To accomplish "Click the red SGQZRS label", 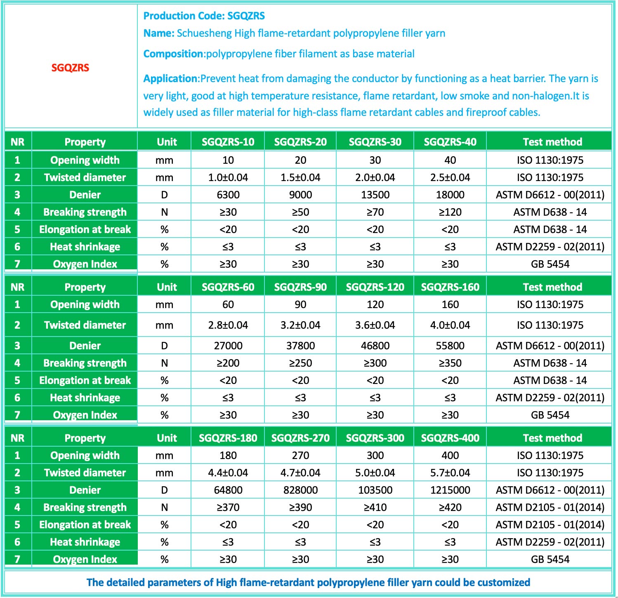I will click(x=70, y=68).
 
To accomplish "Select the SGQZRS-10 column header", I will click(x=228, y=142).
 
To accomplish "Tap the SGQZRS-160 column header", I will click(x=450, y=287).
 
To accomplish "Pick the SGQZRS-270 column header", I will click(x=300, y=438).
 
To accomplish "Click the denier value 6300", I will click(x=228, y=195).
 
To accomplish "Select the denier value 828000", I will click(x=300, y=490).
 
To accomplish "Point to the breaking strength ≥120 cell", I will click(x=450, y=212).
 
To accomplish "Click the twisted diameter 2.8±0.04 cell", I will click(x=228, y=325).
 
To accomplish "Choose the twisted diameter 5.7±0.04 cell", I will click(x=450, y=473).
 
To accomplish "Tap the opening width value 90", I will click(x=300, y=304).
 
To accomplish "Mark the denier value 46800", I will click(x=375, y=346).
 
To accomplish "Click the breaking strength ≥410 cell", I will click(x=375, y=507).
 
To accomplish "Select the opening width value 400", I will click(x=450, y=455).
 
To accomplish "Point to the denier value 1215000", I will click(x=450, y=490).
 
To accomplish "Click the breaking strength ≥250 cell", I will click(x=300, y=363).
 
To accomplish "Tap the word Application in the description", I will click(x=171, y=78).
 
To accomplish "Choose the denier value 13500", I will click(x=375, y=195).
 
